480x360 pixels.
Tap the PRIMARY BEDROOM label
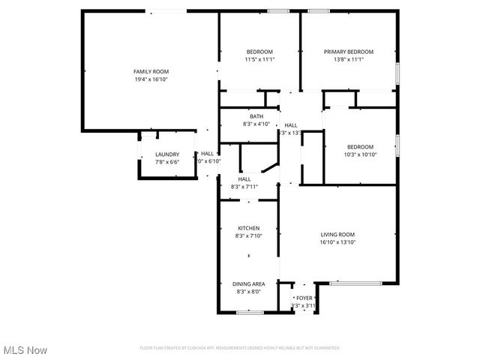coord(349,52)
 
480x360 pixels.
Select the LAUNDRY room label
coord(167,154)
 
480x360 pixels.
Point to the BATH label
coord(256,116)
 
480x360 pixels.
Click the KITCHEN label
coord(249,228)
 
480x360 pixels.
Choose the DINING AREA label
coord(249,283)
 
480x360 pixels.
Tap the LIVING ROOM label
coord(337,235)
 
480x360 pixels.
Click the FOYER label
coord(304,298)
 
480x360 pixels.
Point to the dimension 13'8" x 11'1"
coord(349,60)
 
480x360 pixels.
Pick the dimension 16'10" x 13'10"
coord(337,243)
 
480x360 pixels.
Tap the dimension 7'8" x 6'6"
coord(167,162)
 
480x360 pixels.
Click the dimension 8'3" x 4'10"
coord(256,124)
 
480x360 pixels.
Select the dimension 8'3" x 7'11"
coord(244,187)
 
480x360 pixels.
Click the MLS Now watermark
coord(25,350)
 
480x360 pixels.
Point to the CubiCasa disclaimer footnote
coord(240,348)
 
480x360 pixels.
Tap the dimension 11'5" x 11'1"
coord(259,60)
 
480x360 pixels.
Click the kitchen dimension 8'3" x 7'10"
coord(249,236)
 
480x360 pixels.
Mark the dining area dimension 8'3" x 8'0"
coord(249,291)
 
